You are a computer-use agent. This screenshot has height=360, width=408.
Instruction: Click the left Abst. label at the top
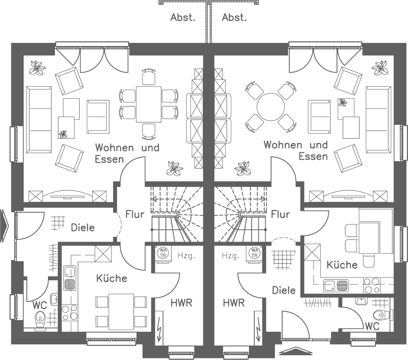click(182, 17)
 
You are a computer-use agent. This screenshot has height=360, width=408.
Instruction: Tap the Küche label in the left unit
click(111, 278)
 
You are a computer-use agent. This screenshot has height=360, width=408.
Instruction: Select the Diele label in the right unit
click(284, 290)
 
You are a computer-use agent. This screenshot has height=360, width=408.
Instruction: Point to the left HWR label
click(181, 302)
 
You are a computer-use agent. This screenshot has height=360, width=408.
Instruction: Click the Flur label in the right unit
click(280, 215)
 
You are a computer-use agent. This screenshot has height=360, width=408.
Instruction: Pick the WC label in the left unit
click(39, 305)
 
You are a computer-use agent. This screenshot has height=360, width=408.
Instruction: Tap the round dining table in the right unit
click(271, 107)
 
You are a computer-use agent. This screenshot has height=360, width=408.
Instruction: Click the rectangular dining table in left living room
click(149, 104)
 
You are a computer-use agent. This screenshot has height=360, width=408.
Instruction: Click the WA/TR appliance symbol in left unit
click(163, 253)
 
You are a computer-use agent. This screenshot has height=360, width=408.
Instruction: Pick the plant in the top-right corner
click(380, 68)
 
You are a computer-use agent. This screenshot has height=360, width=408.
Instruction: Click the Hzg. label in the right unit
click(230, 255)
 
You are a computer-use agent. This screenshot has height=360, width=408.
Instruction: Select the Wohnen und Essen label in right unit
click(296, 150)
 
